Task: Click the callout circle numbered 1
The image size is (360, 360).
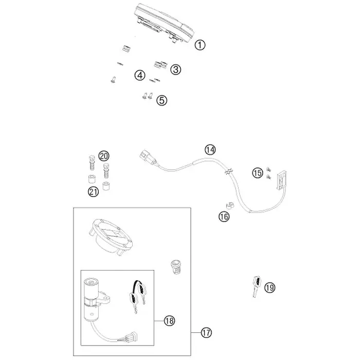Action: tap(200, 45)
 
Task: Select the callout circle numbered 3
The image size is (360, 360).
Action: tap(176, 69)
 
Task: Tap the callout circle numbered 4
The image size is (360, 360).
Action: tap(140, 75)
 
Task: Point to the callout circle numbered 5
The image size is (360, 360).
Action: tap(162, 100)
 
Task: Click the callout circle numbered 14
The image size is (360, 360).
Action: tap(210, 150)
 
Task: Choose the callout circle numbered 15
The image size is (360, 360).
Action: tap(258, 173)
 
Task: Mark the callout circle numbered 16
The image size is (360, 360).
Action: tap(224, 217)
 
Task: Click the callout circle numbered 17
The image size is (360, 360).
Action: tap(206, 332)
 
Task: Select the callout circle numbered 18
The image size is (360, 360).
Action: tap(169, 320)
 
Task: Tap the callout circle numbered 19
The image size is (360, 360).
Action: tap(270, 287)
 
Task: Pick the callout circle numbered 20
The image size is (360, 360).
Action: tap(104, 156)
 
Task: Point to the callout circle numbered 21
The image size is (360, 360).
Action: tap(94, 191)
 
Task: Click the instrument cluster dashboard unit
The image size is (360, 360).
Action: tap(164, 23)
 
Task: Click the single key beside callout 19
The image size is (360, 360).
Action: tap(257, 286)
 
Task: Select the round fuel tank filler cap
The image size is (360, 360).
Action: tap(111, 237)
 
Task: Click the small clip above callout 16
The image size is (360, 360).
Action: tap(229, 206)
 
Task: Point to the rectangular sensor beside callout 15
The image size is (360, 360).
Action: tap(282, 180)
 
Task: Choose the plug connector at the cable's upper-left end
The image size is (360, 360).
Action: tap(149, 157)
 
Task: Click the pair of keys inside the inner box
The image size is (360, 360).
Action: tap(138, 296)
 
